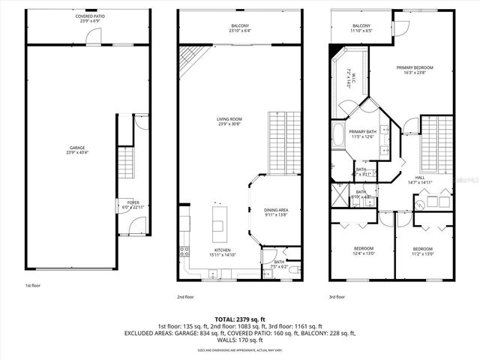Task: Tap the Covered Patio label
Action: (90, 19)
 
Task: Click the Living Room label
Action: (229, 121)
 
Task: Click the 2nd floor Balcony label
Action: (240, 28)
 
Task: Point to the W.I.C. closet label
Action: (350, 79)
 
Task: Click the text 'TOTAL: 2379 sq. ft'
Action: (240, 319)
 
